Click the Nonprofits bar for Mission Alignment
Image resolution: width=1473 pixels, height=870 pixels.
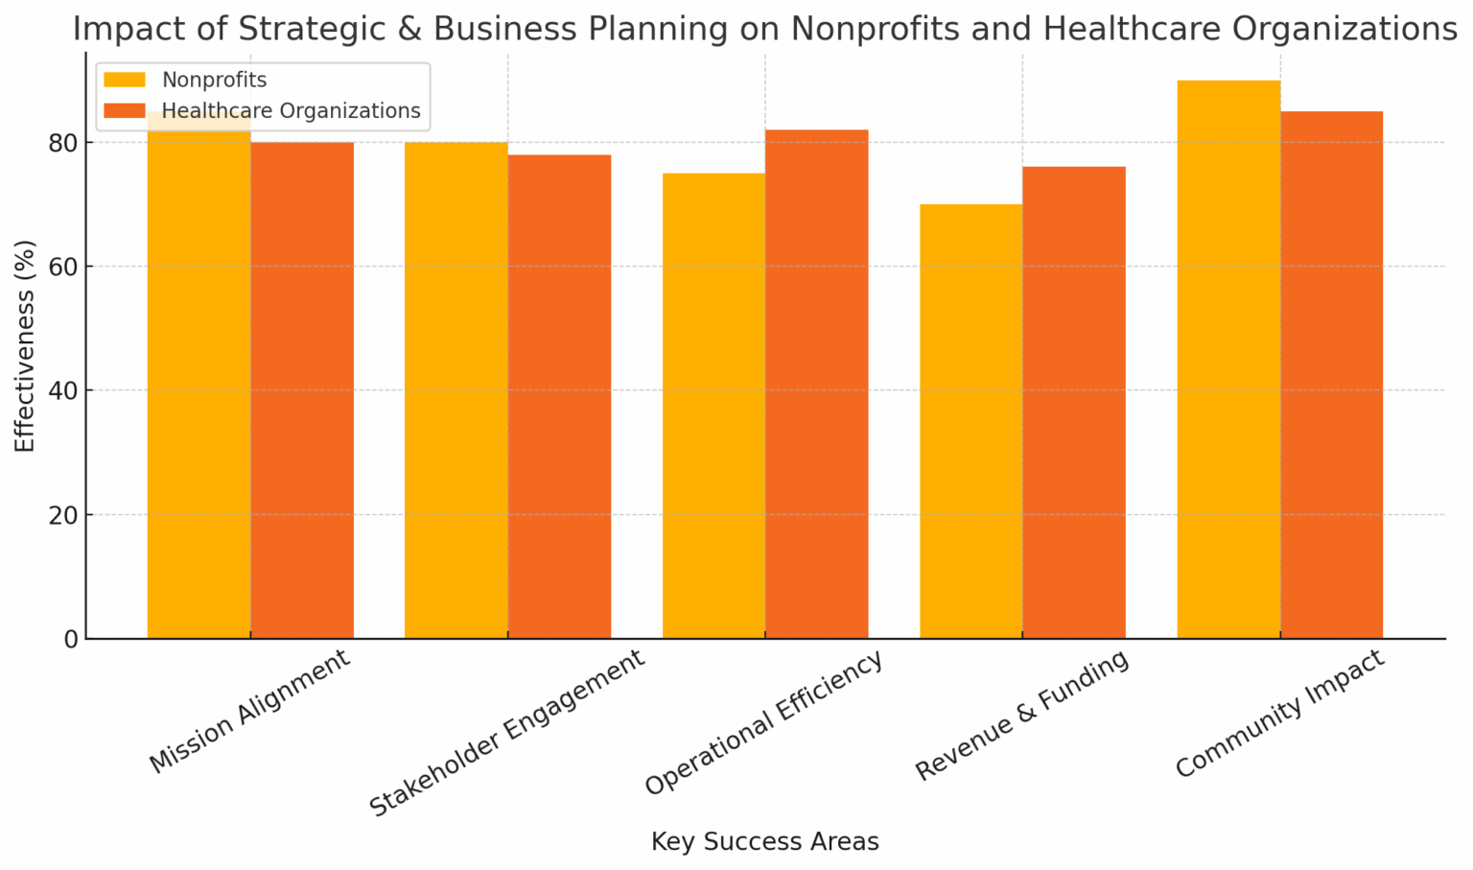199,384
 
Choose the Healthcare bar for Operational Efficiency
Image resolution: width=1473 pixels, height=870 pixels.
817,384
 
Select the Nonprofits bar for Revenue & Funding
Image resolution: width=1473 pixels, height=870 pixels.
970,421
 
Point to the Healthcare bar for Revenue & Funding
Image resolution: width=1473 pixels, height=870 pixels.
1074,403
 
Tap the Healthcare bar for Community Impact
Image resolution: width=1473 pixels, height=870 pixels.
1332,375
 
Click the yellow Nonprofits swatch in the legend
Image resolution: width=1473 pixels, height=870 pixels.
125,81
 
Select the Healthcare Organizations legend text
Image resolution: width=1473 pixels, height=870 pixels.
291,111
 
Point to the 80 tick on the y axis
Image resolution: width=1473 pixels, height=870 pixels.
64,143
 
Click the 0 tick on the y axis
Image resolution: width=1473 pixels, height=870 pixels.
71,639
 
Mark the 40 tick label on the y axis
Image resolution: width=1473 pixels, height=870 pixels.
64,390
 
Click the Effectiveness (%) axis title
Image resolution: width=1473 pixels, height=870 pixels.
25,346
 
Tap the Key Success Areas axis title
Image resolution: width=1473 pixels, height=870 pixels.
764,842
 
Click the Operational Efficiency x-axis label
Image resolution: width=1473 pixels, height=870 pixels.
763,723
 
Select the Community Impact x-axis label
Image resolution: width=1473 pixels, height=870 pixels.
1280,714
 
